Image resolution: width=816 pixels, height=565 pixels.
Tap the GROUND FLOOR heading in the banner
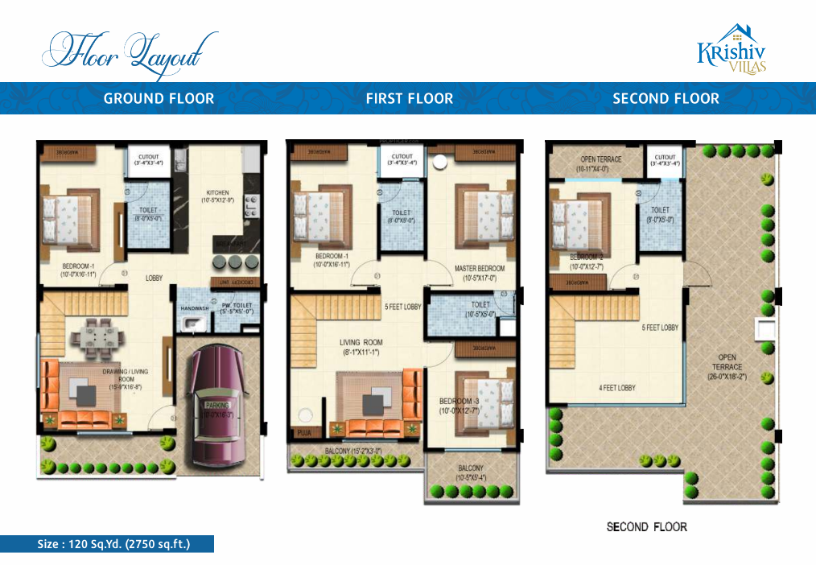point(159,99)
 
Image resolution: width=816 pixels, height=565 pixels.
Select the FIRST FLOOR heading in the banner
point(409,99)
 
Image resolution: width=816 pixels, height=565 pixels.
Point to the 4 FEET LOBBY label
point(616,388)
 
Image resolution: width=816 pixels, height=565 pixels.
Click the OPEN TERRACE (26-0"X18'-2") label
point(727,366)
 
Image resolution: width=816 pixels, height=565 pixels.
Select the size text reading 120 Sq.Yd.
point(113,544)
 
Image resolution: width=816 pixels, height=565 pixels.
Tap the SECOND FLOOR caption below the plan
point(646,527)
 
